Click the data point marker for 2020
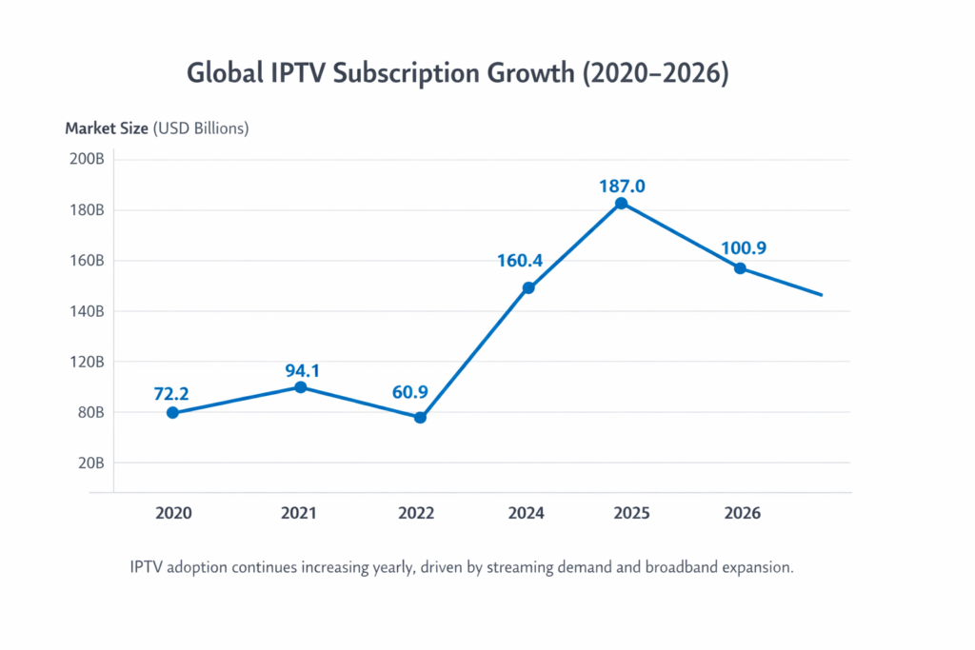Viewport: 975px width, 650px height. [172, 412]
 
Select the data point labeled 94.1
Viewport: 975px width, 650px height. [300, 387]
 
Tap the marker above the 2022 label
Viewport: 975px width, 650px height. [420, 417]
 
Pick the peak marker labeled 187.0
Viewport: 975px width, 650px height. [621, 203]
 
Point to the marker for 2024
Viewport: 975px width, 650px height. [528, 287]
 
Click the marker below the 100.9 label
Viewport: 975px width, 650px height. [740, 268]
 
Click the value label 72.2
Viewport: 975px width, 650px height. [172, 392]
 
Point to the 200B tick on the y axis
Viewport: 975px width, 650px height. [87, 159]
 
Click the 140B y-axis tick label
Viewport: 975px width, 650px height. [87, 311]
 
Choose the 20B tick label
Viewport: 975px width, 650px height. [90, 463]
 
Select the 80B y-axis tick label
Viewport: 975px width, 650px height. [90, 412]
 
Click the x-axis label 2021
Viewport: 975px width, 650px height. [299, 513]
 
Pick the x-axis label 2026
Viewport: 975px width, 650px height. [742, 513]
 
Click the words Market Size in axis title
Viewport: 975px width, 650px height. [107, 128]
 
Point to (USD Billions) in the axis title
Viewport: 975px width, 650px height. [201, 128]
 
